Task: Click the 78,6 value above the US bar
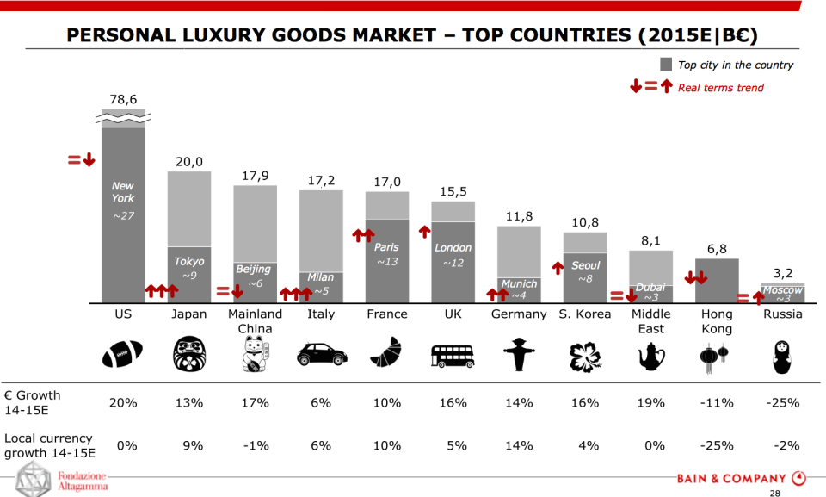click(x=123, y=100)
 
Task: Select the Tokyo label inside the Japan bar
click(x=189, y=261)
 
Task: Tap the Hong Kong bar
click(x=717, y=281)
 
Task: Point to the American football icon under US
click(x=122, y=354)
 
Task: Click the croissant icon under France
click(x=386, y=354)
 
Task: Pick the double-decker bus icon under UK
click(x=453, y=354)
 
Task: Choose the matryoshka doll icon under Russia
click(x=782, y=354)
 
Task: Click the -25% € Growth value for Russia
click(x=782, y=403)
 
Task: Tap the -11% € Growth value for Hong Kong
click(x=717, y=403)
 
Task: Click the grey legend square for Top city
click(x=666, y=65)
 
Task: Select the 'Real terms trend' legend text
click(x=720, y=87)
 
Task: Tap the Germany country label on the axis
click(x=519, y=314)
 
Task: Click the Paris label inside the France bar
click(x=386, y=247)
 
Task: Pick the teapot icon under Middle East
click(x=650, y=354)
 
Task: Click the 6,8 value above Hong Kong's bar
click(x=717, y=249)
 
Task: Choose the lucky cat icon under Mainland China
click(x=255, y=354)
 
